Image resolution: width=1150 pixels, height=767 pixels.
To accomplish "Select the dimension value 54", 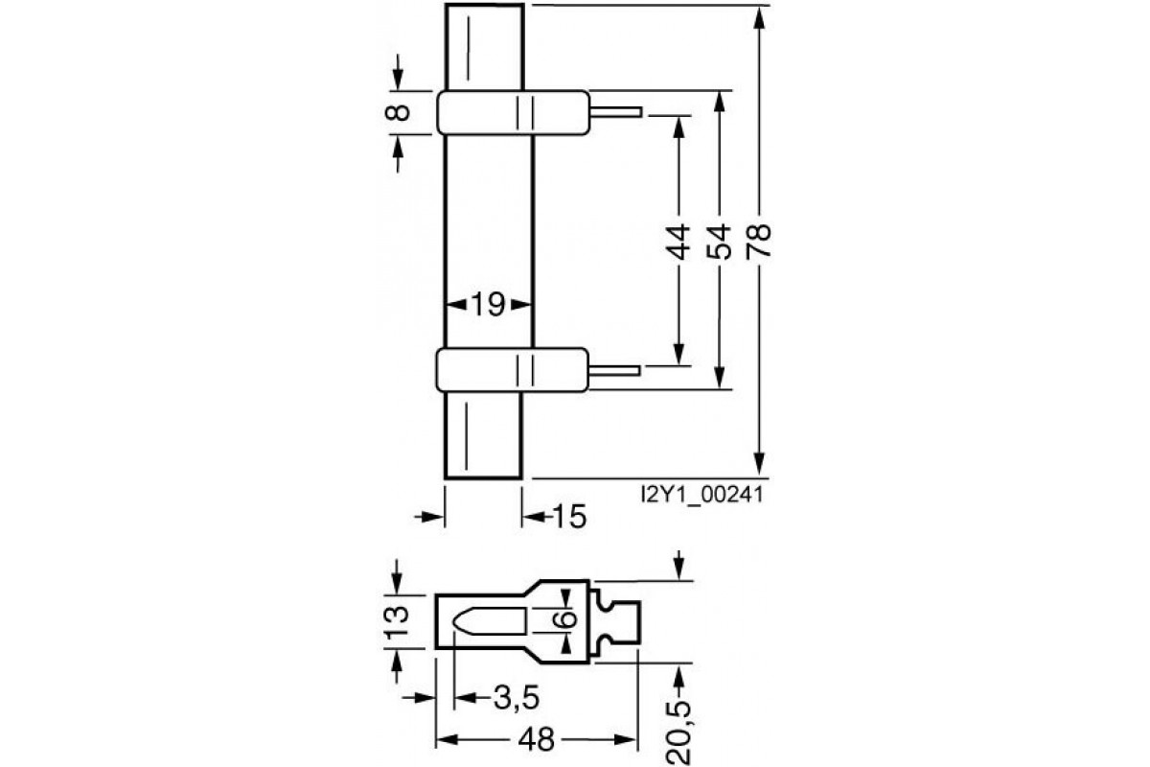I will [x=720, y=242].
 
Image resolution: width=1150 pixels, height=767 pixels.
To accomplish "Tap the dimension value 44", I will [x=678, y=242].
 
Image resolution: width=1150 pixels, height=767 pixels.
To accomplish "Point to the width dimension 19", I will [x=488, y=305].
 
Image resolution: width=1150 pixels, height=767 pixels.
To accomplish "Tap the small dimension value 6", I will [x=567, y=619].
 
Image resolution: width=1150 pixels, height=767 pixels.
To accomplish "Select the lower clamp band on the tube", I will [x=513, y=368].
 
